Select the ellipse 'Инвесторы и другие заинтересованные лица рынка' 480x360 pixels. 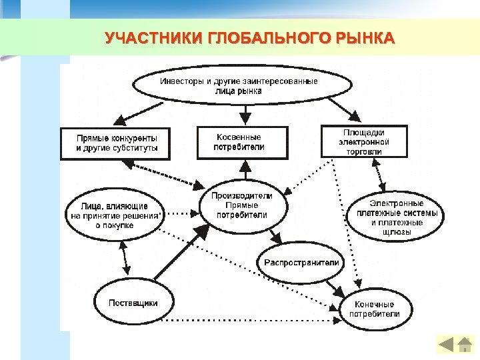tap(242, 86)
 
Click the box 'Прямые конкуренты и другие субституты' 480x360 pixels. tap(115, 143)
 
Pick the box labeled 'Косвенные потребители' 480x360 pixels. tap(242, 142)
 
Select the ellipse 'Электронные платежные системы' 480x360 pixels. tap(397, 217)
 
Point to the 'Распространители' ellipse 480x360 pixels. tap(301, 262)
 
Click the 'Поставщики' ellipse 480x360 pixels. tap(133, 303)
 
